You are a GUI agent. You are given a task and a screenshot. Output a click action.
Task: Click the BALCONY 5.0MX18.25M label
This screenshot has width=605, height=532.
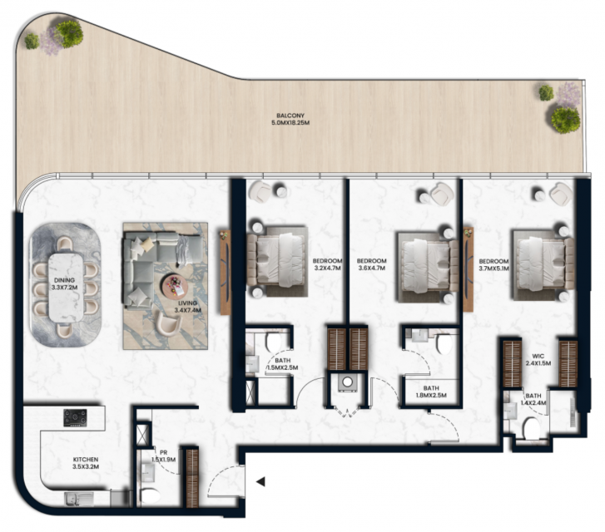290,119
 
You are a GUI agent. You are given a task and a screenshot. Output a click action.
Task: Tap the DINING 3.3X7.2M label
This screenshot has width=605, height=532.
64,283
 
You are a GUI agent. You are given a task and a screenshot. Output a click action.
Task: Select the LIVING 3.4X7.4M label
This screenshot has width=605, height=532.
187,307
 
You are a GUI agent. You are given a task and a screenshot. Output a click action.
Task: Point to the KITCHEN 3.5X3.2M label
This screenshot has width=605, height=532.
86,463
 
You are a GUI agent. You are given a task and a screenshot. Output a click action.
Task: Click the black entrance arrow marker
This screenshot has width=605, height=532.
260,481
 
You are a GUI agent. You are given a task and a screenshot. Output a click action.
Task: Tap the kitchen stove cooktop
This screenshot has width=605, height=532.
75,418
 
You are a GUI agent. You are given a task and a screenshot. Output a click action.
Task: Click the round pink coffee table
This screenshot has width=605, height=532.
175,286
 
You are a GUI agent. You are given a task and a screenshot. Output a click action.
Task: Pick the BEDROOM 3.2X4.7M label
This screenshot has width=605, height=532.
327,264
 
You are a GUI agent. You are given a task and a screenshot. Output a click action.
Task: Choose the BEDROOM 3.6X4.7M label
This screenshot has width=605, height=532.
371,264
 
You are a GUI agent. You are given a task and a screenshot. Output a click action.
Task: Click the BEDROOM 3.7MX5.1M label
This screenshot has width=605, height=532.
493,265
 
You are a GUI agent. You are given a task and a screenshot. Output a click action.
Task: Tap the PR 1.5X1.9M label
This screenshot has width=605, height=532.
163,456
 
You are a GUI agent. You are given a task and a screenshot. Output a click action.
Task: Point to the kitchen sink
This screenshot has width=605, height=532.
79,499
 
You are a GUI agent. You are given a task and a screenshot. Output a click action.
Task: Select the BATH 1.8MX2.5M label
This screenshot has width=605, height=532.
431,392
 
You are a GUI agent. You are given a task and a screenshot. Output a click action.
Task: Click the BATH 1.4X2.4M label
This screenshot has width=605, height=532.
533,399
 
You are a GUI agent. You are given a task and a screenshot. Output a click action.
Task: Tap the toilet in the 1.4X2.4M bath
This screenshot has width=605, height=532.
532,428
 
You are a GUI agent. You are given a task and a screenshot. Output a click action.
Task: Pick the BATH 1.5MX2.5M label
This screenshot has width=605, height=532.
282,364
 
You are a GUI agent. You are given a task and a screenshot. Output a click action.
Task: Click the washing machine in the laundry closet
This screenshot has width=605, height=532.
348,382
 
